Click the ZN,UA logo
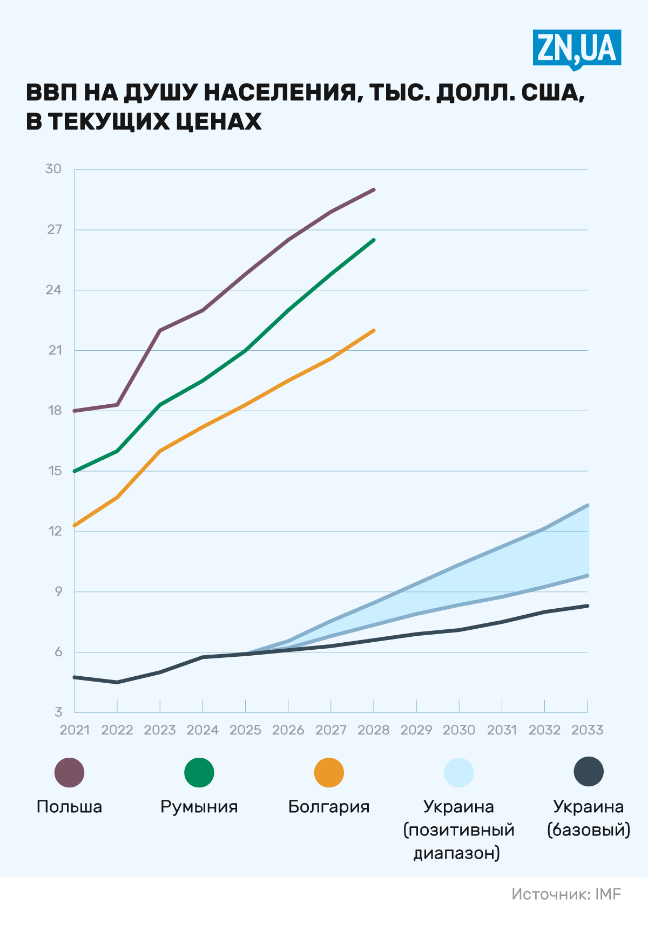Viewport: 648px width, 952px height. click(577, 49)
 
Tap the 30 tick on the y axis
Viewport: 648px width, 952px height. click(53, 169)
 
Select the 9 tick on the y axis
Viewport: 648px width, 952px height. click(58, 591)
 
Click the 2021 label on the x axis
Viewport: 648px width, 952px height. click(75, 730)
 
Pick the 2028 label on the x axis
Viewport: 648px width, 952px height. click(374, 730)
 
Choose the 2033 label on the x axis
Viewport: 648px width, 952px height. click(587, 730)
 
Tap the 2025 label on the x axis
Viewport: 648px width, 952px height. click(245, 730)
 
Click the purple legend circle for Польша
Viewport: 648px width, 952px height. click(70, 772)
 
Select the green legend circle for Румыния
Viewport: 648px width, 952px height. click(199, 772)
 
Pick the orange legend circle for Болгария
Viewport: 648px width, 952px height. click(329, 772)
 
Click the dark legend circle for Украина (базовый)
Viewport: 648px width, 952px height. click(589, 772)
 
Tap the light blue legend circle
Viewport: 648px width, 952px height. click(459, 772)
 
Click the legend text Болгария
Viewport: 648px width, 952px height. click(329, 807)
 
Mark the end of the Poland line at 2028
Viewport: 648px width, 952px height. click(374, 190)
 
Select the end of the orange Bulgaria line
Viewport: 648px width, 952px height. click(374, 330)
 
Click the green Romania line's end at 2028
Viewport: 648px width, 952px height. click(374, 240)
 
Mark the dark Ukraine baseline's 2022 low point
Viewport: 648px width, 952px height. click(117, 682)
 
